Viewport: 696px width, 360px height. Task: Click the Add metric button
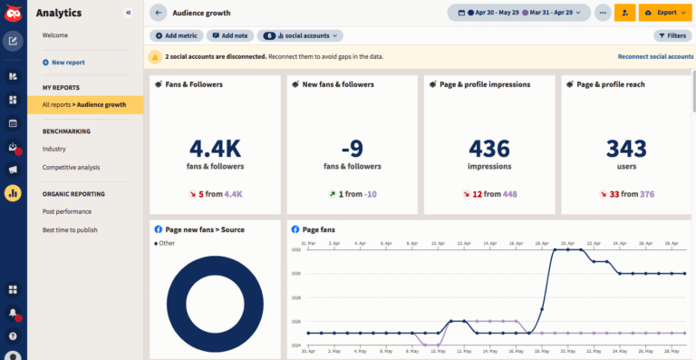tap(176, 35)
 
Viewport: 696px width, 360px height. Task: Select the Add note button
tap(230, 35)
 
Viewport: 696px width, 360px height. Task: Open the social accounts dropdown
tap(300, 35)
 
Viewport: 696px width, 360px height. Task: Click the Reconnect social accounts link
tap(655, 56)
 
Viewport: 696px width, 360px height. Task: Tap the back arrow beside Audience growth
tap(159, 13)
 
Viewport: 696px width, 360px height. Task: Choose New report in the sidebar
tap(68, 63)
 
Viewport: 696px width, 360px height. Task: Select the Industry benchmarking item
tap(54, 149)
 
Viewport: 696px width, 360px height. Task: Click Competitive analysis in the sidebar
tap(71, 167)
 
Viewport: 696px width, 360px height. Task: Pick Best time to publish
tap(70, 229)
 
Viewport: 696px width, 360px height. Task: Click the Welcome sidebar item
tap(54, 35)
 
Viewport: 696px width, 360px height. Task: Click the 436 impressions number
tap(489, 148)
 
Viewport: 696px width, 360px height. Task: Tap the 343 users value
tap(626, 148)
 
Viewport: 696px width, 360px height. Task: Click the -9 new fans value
tap(353, 148)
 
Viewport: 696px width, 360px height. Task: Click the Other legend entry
tap(167, 243)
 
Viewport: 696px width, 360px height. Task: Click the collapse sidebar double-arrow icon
tap(128, 13)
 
